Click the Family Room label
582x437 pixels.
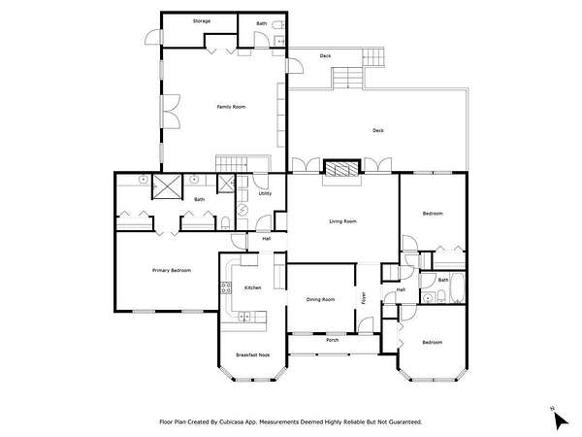pyautogui.click(x=231, y=107)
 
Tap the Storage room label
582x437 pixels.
pyautogui.click(x=202, y=21)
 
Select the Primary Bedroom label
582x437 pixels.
pyautogui.click(x=172, y=270)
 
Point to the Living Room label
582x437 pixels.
pyautogui.click(x=342, y=221)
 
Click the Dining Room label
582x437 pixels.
pyautogui.click(x=320, y=299)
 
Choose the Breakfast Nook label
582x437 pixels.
pyautogui.click(x=253, y=354)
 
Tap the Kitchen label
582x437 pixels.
pyautogui.click(x=253, y=287)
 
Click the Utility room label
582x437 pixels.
pyautogui.click(x=265, y=193)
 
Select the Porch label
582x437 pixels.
pyautogui.click(x=332, y=340)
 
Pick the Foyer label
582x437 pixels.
pyautogui.click(x=364, y=298)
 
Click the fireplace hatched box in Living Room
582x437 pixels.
pyautogui.click(x=341, y=168)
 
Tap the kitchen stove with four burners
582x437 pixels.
pyautogui.click(x=226, y=287)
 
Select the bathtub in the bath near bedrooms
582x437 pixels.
pyautogui.click(x=457, y=287)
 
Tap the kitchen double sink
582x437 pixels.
pyautogui.click(x=243, y=317)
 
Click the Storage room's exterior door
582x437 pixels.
pyautogui.click(x=153, y=37)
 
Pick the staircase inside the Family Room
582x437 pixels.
pyautogui.click(x=232, y=164)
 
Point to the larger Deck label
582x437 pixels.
pyautogui.click(x=378, y=130)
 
